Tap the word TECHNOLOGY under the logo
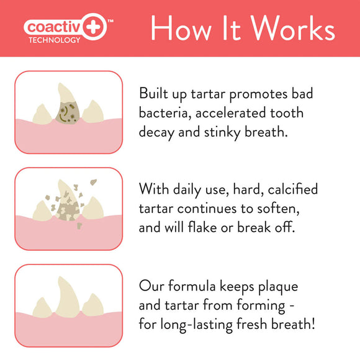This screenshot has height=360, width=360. tap(55, 40)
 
